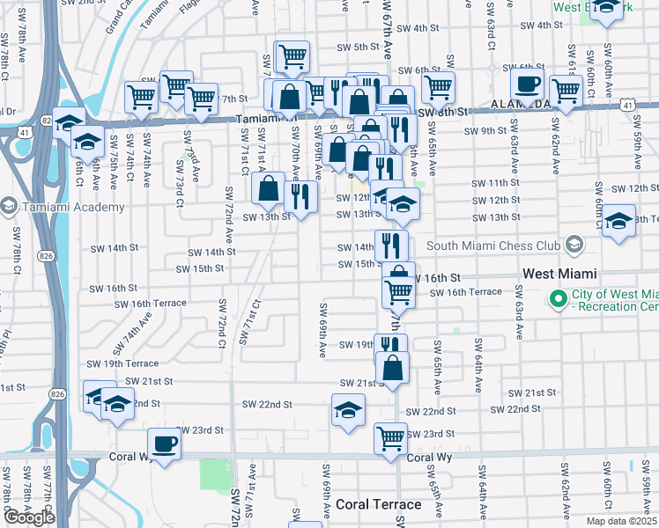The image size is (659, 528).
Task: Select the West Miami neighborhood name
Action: click(x=560, y=274)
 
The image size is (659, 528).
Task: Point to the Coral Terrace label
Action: click(x=378, y=505)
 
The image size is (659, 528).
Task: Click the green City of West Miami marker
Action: click(x=557, y=300)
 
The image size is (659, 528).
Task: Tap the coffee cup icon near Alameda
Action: click(x=528, y=85)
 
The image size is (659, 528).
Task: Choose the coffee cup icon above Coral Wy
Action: click(x=164, y=444)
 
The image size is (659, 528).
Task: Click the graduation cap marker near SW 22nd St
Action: click(x=348, y=410)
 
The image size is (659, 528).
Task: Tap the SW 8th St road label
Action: click(x=441, y=113)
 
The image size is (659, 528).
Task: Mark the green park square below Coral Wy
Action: click(x=214, y=475)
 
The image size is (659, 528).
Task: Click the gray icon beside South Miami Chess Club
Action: click(x=574, y=244)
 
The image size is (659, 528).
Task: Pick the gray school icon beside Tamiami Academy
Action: click(x=8, y=207)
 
